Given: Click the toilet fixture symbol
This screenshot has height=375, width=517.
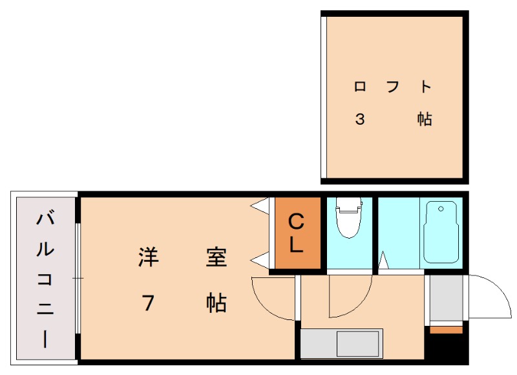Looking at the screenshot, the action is [x=348, y=218].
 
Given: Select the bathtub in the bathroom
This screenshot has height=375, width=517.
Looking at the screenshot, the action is [x=441, y=232].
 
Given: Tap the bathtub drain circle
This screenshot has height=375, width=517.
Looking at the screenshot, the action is [x=441, y=209].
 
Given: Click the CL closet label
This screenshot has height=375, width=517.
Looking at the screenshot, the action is [x=296, y=233].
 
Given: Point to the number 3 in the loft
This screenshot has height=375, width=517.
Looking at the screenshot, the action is [x=360, y=119].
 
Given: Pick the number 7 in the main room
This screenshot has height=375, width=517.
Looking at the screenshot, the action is [x=148, y=303].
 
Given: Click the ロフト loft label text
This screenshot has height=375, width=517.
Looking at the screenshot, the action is [x=393, y=87].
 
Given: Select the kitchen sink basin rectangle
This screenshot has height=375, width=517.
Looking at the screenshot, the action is [x=357, y=344].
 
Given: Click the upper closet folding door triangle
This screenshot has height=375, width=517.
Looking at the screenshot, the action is [x=261, y=206].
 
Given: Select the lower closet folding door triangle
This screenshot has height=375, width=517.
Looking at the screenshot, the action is [x=261, y=261].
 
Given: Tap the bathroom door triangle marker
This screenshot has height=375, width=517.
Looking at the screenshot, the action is [x=383, y=260].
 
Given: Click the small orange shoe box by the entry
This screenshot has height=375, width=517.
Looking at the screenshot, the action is [x=446, y=330].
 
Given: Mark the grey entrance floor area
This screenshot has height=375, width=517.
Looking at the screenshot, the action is [x=446, y=298].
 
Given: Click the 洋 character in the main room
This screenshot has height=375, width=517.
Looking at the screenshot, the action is [x=149, y=257].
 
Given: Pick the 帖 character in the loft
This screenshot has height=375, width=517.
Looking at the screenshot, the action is [x=425, y=119].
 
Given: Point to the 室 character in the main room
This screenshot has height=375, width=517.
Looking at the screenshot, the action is [x=216, y=257].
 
